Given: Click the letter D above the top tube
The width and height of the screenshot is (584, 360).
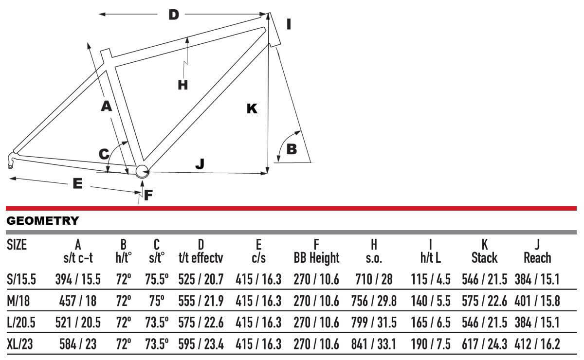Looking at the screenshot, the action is [x=174, y=15].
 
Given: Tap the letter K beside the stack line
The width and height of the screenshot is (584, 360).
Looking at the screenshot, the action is [x=252, y=108].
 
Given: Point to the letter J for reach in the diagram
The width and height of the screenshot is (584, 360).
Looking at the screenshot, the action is [x=200, y=164].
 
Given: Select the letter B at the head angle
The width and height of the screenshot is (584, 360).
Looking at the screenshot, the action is [x=292, y=149].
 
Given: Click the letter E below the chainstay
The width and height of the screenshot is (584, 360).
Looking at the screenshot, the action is [x=78, y=183].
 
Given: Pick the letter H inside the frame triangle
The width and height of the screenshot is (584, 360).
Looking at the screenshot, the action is [x=182, y=85].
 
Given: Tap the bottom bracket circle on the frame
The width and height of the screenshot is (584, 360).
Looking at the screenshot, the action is [x=142, y=172].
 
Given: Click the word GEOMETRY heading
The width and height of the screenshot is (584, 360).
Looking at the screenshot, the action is [x=42, y=221].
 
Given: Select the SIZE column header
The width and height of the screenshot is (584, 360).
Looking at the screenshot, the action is [x=17, y=245].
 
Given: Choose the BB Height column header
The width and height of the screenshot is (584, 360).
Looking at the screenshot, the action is [x=316, y=258].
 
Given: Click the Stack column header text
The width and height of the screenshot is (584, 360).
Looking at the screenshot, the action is [x=484, y=258].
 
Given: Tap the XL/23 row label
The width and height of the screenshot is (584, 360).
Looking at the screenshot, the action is [x=20, y=344].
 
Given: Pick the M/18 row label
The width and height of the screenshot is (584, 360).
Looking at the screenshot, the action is [x=18, y=301].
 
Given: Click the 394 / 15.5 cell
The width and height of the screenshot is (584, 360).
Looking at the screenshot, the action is [x=78, y=279].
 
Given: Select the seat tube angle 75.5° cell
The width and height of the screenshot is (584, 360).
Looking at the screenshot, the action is [x=157, y=279].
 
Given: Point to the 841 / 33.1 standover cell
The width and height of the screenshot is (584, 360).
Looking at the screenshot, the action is [x=374, y=344].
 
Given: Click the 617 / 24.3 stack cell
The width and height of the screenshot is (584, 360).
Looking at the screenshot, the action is [x=484, y=344].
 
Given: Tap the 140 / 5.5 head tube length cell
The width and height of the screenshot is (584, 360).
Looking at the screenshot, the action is [x=431, y=301].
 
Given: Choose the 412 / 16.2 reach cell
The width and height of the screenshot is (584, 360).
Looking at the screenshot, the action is [x=537, y=344].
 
